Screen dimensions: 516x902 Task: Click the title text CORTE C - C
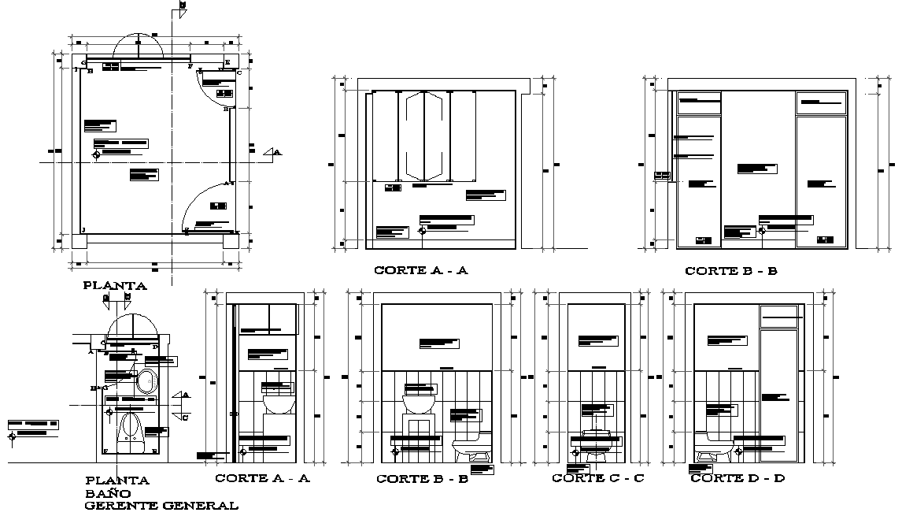pyautogui.click(x=597, y=478)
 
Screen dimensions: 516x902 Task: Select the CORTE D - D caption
pyautogui.click(x=737, y=478)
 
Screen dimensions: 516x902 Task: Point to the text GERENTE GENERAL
pyautogui.click(x=161, y=505)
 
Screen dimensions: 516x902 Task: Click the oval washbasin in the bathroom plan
pyautogui.click(x=145, y=382)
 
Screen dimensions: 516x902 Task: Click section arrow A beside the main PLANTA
pyautogui.click(x=272, y=152)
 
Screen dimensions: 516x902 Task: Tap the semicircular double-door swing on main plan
pyautogui.click(x=139, y=45)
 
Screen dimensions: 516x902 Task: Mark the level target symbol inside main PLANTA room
pyautogui.click(x=96, y=155)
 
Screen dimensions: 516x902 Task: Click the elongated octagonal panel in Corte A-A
pyautogui.click(x=423, y=135)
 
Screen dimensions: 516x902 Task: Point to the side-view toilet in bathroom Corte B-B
pyautogui.click(x=471, y=449)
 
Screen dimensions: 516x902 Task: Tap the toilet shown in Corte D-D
pyautogui.click(x=715, y=445)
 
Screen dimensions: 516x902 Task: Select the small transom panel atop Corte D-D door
pyautogui.click(x=779, y=316)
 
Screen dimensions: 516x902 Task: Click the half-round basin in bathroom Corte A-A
pyautogui.click(x=277, y=405)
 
